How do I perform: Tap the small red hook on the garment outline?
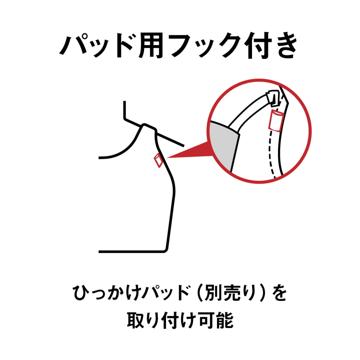point(157,160)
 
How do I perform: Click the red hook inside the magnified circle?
point(275,120)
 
